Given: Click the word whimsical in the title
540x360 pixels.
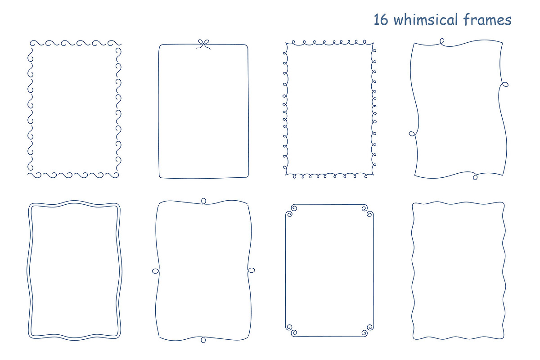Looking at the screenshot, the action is click(426, 19).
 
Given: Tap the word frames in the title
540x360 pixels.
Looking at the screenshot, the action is click(487, 19).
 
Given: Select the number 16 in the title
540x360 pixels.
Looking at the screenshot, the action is click(381, 19).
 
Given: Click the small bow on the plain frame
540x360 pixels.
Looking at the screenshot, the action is click(203, 45).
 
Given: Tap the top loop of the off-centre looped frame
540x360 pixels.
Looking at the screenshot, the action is click(442, 41).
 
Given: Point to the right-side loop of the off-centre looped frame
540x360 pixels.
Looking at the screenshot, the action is click(504, 85).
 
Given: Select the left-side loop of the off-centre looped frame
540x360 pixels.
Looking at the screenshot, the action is click(412, 134).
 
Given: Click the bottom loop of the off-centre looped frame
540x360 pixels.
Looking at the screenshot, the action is click(475, 177).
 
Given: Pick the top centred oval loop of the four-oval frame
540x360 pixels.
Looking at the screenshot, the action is click(203, 201).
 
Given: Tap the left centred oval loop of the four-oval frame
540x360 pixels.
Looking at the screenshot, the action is click(156, 271).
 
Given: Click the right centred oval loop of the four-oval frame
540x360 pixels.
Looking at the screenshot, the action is click(251, 270).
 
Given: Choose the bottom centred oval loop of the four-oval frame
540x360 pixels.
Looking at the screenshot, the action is click(203, 340).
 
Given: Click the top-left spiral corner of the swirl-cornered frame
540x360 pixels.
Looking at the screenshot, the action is click(291, 211).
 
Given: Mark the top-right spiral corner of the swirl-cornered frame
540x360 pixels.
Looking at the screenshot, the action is click(368, 211).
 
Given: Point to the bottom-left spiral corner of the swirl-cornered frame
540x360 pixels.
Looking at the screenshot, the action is click(291, 330).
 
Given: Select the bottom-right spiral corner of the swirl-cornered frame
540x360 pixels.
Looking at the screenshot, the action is click(368, 330).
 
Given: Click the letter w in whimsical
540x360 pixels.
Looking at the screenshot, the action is click(399, 21).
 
